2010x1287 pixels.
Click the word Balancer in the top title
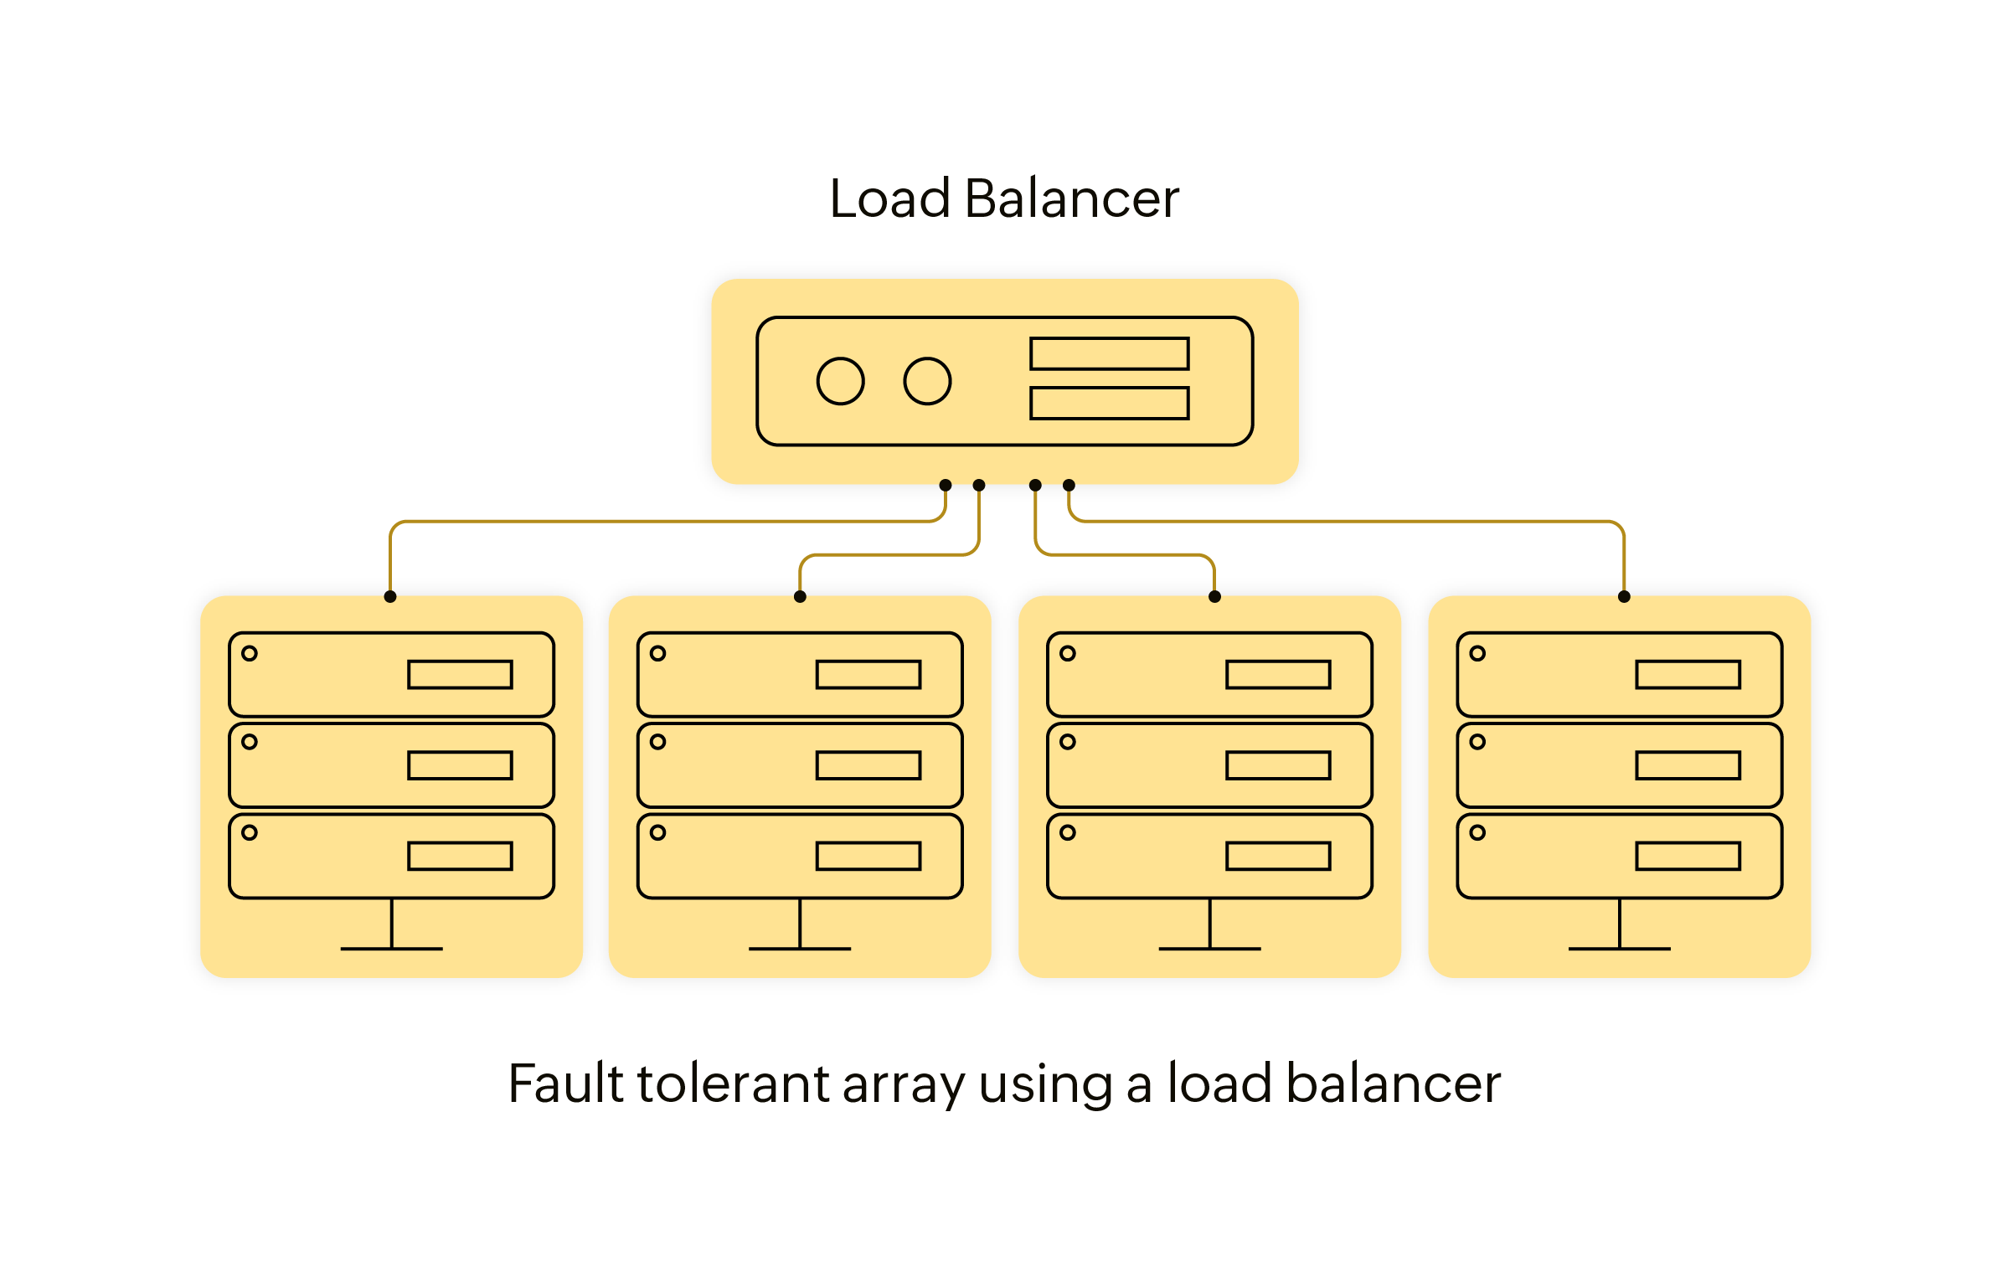pos(1072,199)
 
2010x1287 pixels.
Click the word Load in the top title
pos(889,199)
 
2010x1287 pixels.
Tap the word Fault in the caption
pos(565,1084)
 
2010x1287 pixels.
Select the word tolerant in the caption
pos(734,1084)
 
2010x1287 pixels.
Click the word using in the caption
pos(1045,1087)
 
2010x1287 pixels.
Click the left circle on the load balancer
pos(840,382)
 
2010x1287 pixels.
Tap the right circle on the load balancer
pos(927,382)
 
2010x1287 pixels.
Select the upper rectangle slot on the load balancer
pos(1110,353)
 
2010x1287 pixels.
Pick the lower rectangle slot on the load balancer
pos(1110,403)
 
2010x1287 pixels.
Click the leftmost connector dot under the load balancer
pos(946,485)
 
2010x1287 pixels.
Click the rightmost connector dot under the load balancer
pos(1069,485)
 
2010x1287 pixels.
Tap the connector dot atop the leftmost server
pos(390,597)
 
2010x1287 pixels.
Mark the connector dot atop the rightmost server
pos(1624,597)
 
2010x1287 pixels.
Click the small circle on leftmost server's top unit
pos(250,653)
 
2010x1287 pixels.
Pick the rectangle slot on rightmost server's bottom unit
pos(1688,856)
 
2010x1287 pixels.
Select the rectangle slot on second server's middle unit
pos(868,765)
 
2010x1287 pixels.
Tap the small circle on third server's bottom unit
pos(1068,832)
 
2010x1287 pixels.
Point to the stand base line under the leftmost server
pos(391,949)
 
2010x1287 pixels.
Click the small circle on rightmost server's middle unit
pos(1477,742)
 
